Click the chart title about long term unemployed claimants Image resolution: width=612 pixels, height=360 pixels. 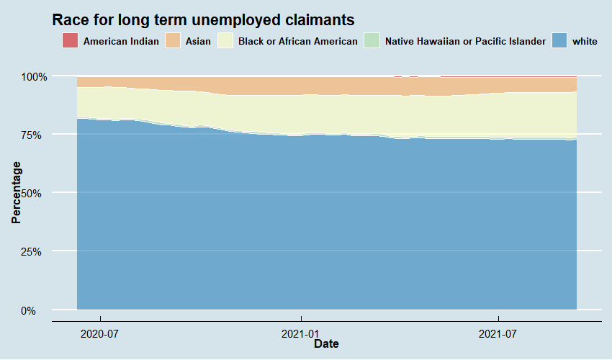[x=204, y=19]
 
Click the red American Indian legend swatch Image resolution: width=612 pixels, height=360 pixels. [x=70, y=41]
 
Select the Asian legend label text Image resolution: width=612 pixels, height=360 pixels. [x=198, y=42]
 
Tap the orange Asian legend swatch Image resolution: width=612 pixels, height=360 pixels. [x=174, y=41]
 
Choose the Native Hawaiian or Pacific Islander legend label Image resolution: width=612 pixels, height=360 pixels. [x=465, y=42]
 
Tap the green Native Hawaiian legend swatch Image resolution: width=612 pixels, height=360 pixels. [x=372, y=41]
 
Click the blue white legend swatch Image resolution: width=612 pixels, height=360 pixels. [x=559, y=41]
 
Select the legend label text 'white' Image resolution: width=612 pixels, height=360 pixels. [x=585, y=42]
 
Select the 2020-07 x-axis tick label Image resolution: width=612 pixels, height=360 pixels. [x=100, y=333]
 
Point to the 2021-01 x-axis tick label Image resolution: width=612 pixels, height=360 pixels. [x=300, y=333]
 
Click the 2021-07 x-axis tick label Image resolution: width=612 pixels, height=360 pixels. [x=498, y=333]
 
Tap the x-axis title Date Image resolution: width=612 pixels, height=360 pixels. [x=326, y=344]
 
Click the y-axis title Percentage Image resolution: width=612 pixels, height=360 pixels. [x=16, y=193]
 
